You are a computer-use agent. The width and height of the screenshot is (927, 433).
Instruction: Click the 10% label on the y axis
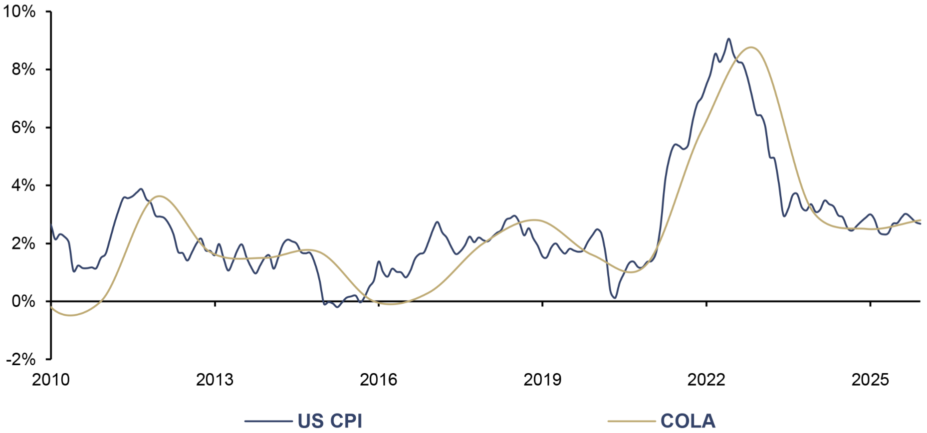(x=19, y=11)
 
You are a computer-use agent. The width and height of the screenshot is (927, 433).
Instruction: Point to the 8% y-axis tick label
(x=24, y=69)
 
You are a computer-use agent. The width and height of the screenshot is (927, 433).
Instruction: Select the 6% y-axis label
(x=24, y=127)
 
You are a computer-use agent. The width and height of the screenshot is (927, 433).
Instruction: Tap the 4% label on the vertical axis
(x=24, y=186)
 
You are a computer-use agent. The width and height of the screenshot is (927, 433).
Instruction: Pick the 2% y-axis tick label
(x=24, y=243)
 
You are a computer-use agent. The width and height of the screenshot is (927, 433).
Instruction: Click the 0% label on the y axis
(x=24, y=301)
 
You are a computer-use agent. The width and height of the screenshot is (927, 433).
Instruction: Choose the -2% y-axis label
(x=21, y=359)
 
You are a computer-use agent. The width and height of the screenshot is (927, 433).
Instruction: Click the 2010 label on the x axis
(x=51, y=380)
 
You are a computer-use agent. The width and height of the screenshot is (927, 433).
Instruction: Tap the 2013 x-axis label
(x=215, y=380)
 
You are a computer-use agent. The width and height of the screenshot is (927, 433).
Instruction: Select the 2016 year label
(x=379, y=380)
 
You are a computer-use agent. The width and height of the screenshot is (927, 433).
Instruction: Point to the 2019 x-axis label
(x=542, y=380)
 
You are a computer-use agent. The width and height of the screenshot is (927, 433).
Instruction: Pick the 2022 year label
(x=706, y=380)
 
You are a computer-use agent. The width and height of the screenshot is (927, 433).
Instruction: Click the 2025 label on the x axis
(x=870, y=380)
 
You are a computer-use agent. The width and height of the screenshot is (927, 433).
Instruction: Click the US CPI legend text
(x=330, y=421)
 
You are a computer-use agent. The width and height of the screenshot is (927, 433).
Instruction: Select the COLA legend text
(x=688, y=421)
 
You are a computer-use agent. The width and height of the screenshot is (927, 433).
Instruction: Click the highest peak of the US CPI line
(x=728, y=38)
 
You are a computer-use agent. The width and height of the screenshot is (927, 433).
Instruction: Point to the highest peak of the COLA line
(x=751, y=47)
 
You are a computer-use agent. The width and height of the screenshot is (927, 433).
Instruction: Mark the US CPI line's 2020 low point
(x=615, y=298)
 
